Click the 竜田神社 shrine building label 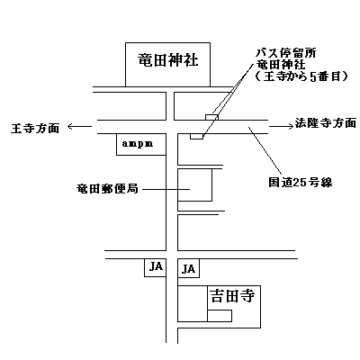168,60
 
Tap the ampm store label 138,144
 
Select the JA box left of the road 156,268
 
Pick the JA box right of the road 189,268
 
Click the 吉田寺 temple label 232,296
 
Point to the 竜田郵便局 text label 107,189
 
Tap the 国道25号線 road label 301,182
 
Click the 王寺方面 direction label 35,128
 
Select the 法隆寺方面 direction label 326,123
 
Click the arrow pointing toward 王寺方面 79,127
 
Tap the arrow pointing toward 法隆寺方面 281,126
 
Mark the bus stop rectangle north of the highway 211,117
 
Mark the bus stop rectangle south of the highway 197,137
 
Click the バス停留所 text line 285,53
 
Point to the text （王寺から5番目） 301,76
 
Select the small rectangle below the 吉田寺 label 220,316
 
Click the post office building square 195,184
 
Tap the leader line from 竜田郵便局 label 166,189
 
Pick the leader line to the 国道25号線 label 265,150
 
